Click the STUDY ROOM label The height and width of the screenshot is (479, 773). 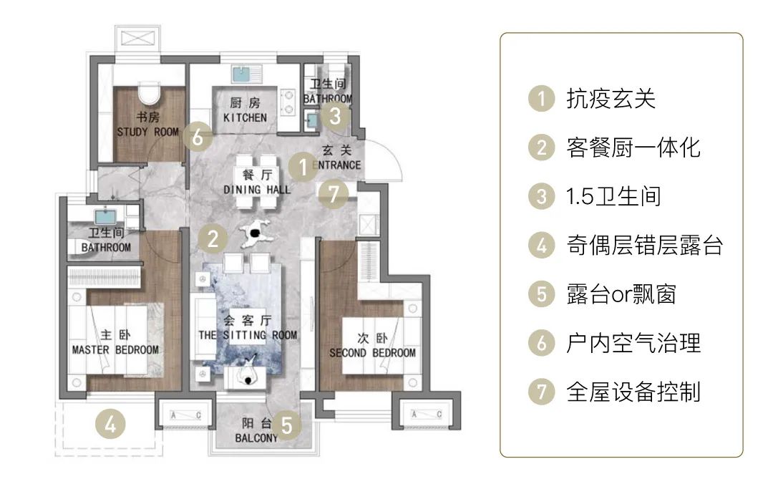148,132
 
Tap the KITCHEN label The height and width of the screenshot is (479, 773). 245,117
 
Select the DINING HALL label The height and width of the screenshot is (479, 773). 257,190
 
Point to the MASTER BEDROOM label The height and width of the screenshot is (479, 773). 115,349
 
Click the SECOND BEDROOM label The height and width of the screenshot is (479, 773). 372,352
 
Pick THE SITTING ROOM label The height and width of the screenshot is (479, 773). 247,335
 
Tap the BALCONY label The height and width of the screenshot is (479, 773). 256,438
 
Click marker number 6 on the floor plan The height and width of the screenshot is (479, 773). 198,137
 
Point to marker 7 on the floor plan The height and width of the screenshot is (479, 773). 334,193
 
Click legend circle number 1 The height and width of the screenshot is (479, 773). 542,99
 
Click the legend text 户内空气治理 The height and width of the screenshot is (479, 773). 633,343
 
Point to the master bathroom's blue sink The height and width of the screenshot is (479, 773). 104,215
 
